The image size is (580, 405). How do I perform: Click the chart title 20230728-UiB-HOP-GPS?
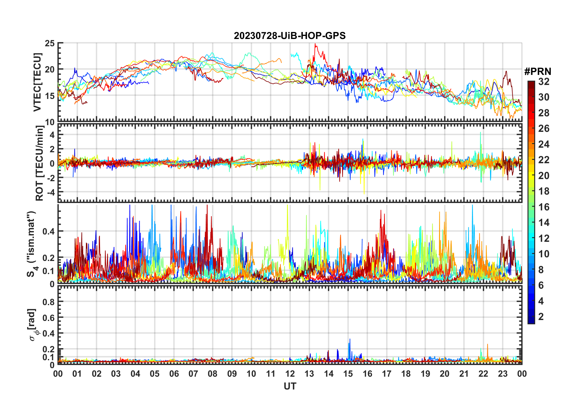(x=289, y=36)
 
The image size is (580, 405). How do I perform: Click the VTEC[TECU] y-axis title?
(x=37, y=82)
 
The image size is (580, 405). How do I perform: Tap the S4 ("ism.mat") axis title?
(x=31, y=244)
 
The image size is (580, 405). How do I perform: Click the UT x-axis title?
(x=290, y=386)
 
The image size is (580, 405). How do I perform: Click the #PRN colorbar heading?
(x=538, y=72)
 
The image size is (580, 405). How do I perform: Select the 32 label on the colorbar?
(x=544, y=82)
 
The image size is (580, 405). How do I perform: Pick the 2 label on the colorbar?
(x=541, y=317)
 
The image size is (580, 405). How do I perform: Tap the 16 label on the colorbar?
(x=544, y=207)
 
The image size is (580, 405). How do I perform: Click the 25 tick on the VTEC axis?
(x=50, y=44)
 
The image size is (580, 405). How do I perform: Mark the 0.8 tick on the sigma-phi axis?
(x=49, y=302)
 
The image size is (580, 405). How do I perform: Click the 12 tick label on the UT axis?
(x=290, y=374)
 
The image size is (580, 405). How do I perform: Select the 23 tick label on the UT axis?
(x=503, y=374)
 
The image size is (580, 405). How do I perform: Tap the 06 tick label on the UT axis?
(x=174, y=374)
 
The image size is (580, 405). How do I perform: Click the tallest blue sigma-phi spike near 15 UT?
(x=350, y=339)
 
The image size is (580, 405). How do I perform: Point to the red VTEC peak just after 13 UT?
(x=315, y=44)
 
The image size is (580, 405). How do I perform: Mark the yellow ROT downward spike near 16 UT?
(x=364, y=193)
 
